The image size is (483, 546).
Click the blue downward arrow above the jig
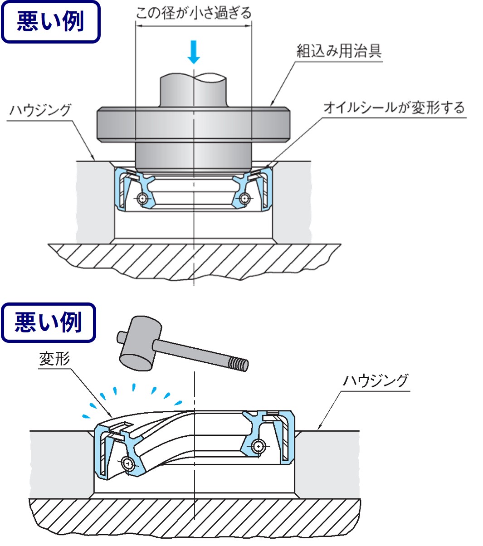(194, 52)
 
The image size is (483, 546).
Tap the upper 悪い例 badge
(50, 21)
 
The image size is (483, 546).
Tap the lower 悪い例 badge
(49, 322)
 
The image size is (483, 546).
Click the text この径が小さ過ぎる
(194, 12)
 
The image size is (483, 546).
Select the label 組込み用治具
(339, 51)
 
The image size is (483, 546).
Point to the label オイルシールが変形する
(394, 108)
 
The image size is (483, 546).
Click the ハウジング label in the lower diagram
(376, 380)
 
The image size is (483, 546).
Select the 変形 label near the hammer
(54, 359)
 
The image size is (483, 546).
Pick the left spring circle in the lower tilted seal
(128, 463)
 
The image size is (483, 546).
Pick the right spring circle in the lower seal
(258, 446)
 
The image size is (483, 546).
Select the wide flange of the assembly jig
(194, 124)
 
